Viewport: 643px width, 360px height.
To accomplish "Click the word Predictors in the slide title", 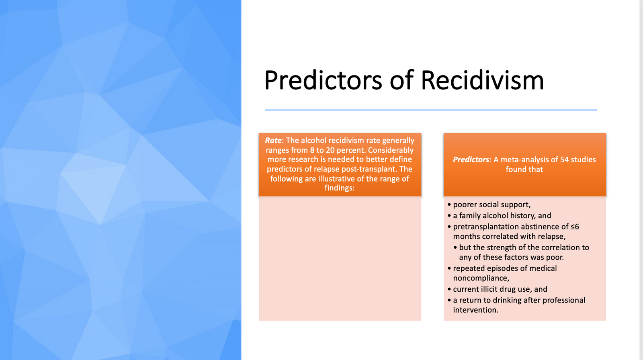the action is (323, 80).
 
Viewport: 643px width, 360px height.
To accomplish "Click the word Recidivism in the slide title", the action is (482, 80).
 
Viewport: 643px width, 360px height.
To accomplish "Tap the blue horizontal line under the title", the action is (431, 110).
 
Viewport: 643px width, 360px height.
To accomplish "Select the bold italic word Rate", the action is (273, 140).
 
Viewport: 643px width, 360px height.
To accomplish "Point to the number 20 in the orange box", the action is (330, 150).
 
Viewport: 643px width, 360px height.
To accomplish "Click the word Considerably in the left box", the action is (391, 150).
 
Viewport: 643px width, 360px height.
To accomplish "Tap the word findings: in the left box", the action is (340, 188).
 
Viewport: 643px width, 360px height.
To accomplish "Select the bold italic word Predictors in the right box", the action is (471, 160).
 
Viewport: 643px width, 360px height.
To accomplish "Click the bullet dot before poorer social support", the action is (449, 205).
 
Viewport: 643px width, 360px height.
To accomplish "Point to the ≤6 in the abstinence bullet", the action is (575, 227).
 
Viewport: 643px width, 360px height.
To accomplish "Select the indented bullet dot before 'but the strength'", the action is (455, 247).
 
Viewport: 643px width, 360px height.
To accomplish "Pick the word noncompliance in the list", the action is (480, 278).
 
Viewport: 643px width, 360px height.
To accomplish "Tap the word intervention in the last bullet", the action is (475, 310).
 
